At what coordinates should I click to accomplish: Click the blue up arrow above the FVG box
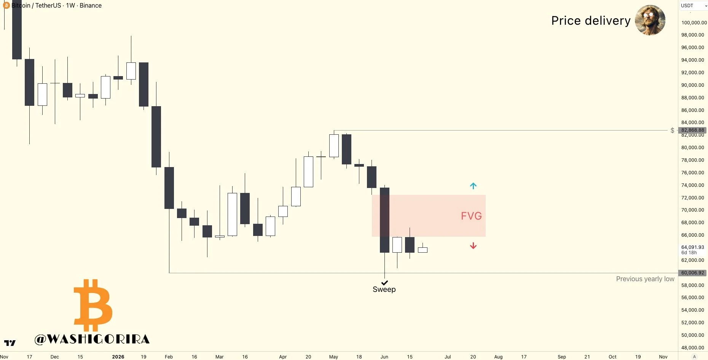[473, 186]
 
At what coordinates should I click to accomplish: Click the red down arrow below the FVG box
[473, 246]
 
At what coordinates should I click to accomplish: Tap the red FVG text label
[471, 216]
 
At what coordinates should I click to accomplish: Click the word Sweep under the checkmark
[384, 289]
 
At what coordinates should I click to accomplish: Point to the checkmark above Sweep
[384, 283]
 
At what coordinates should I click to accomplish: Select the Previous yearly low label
[645, 279]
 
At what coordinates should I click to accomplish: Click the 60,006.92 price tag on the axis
[692, 273]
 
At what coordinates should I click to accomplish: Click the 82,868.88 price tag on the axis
[692, 130]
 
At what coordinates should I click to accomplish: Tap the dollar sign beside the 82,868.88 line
[673, 131]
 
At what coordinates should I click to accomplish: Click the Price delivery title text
[591, 21]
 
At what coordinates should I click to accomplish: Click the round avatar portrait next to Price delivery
[650, 20]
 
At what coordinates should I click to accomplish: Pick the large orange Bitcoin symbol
[93, 305]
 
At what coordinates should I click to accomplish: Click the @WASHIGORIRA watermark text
[92, 339]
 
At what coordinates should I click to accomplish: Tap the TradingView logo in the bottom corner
[10, 343]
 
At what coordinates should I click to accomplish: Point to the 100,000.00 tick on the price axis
[694, 22]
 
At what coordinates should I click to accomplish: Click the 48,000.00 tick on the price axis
[693, 347]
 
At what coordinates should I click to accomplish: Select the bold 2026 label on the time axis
[118, 357]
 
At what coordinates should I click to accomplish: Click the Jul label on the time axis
[448, 357]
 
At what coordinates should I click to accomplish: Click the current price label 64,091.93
[693, 247]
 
